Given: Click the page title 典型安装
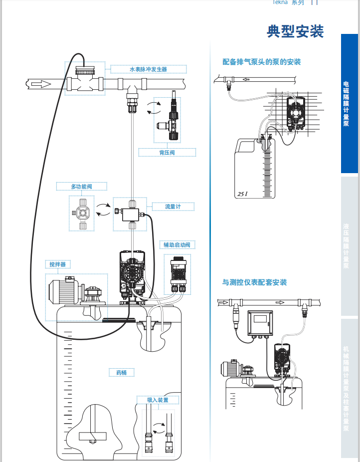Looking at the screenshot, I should coord(295,31).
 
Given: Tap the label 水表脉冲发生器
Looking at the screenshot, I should coord(148,69).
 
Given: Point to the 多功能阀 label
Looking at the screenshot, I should coord(81,187).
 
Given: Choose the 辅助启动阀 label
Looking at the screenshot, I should coord(177,245).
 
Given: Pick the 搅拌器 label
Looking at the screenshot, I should coord(57,264).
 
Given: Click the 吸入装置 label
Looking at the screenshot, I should coord(157,400).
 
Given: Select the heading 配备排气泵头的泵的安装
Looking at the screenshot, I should coord(261,62).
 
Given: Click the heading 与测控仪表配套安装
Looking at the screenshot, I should coord(254,282).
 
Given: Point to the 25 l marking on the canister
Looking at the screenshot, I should coord(243,194).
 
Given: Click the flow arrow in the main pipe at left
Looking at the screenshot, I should coord(40,84).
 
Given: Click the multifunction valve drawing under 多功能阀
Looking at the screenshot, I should coord(82,213).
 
